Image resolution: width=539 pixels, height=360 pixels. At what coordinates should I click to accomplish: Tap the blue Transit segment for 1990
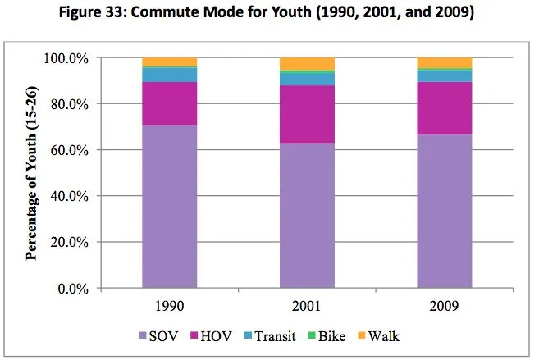[169, 75]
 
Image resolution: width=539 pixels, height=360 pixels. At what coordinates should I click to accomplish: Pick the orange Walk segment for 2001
[307, 64]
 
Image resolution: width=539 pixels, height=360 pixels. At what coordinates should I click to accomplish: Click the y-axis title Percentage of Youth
[34, 174]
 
